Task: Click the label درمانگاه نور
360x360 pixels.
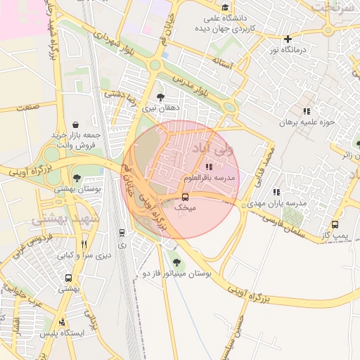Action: [x=288, y=51]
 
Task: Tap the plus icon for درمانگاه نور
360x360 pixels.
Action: [x=288, y=39]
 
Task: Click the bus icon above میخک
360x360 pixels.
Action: [x=185, y=197]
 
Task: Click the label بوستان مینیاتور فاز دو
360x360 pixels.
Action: [x=176, y=273]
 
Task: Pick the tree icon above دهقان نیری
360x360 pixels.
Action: [x=161, y=97]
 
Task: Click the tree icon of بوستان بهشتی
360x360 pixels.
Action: [x=76, y=178]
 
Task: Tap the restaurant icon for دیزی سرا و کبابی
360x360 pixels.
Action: [x=84, y=244]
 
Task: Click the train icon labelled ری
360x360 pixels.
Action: [x=122, y=233]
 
